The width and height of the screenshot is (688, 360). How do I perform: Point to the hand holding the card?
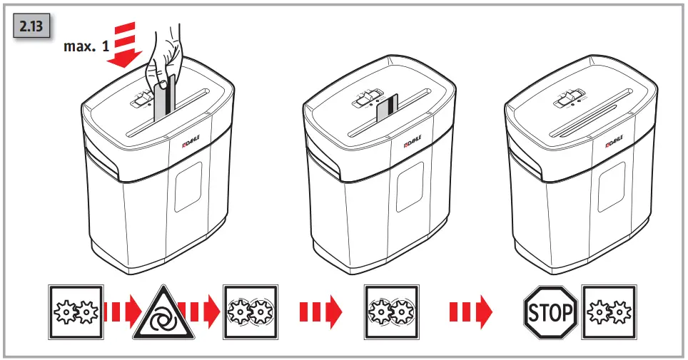point(162,57)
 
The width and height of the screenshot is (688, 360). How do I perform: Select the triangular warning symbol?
point(163,313)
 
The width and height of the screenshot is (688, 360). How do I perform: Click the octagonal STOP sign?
point(550,312)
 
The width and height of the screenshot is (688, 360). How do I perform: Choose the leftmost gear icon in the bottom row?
point(75,312)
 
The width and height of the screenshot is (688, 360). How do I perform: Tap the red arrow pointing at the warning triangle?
point(119,312)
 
